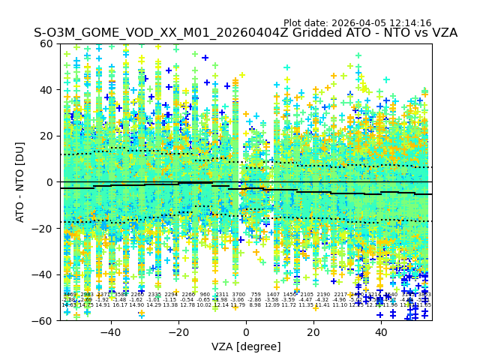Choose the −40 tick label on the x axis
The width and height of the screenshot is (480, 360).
coord(110,332)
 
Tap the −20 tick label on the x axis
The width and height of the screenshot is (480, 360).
coord(178,332)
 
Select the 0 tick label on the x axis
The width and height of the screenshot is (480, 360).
coord(246,332)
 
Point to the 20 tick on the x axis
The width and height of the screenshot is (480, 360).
coord(313,332)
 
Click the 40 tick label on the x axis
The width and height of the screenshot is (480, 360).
coord(381,332)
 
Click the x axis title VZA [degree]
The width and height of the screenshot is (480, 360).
coord(246,346)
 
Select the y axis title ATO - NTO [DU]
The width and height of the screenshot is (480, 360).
coord(21,182)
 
